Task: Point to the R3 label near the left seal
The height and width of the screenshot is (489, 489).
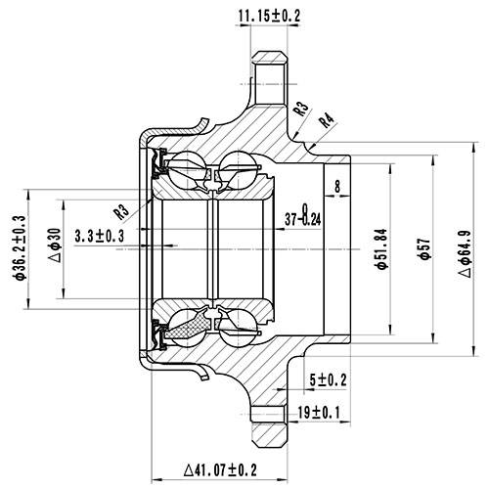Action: (121, 209)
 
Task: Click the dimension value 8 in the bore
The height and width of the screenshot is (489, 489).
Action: (337, 185)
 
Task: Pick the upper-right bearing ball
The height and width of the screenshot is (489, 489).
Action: (239, 167)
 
